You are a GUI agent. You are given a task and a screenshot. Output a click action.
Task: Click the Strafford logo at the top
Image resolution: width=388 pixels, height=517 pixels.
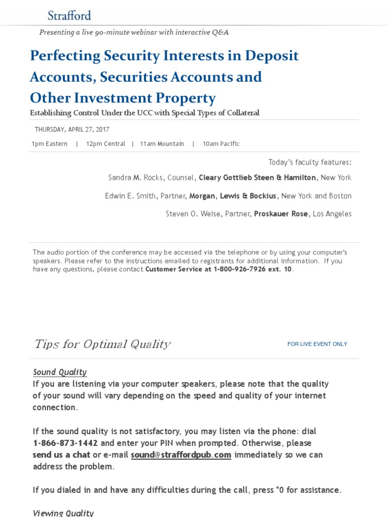click(69, 15)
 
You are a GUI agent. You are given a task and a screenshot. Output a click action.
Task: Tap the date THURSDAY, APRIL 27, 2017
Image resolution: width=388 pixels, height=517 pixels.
click(72, 130)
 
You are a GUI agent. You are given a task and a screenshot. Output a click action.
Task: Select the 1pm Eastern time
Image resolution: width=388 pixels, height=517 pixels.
click(50, 144)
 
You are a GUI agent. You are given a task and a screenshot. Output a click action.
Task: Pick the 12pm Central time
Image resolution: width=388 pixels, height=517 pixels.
click(106, 144)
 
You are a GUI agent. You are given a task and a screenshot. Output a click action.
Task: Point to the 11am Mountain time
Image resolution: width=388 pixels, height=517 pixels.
click(162, 144)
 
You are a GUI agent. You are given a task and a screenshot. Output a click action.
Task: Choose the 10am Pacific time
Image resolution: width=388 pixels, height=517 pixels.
click(221, 144)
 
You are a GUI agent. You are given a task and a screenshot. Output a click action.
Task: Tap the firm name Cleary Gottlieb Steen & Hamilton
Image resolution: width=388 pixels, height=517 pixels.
click(258, 178)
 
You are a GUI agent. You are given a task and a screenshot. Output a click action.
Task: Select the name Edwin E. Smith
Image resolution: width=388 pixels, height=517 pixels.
click(130, 196)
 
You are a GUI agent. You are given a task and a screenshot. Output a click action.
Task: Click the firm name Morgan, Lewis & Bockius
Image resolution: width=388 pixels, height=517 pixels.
click(233, 196)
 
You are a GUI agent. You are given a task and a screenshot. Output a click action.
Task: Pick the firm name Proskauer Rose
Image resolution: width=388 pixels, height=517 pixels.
click(281, 214)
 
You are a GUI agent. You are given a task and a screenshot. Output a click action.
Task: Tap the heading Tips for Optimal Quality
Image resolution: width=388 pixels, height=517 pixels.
click(102, 344)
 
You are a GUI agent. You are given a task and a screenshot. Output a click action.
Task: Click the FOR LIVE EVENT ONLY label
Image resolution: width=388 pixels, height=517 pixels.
click(317, 344)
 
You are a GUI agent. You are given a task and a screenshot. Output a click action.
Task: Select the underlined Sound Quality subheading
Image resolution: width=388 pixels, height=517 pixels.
click(60, 372)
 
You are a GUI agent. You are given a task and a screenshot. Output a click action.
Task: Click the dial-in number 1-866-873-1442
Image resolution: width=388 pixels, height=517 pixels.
click(65, 443)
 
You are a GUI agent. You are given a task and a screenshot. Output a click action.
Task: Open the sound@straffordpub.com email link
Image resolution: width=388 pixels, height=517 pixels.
click(181, 455)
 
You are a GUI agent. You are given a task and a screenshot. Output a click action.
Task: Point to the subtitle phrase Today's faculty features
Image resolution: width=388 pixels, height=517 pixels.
click(310, 162)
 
